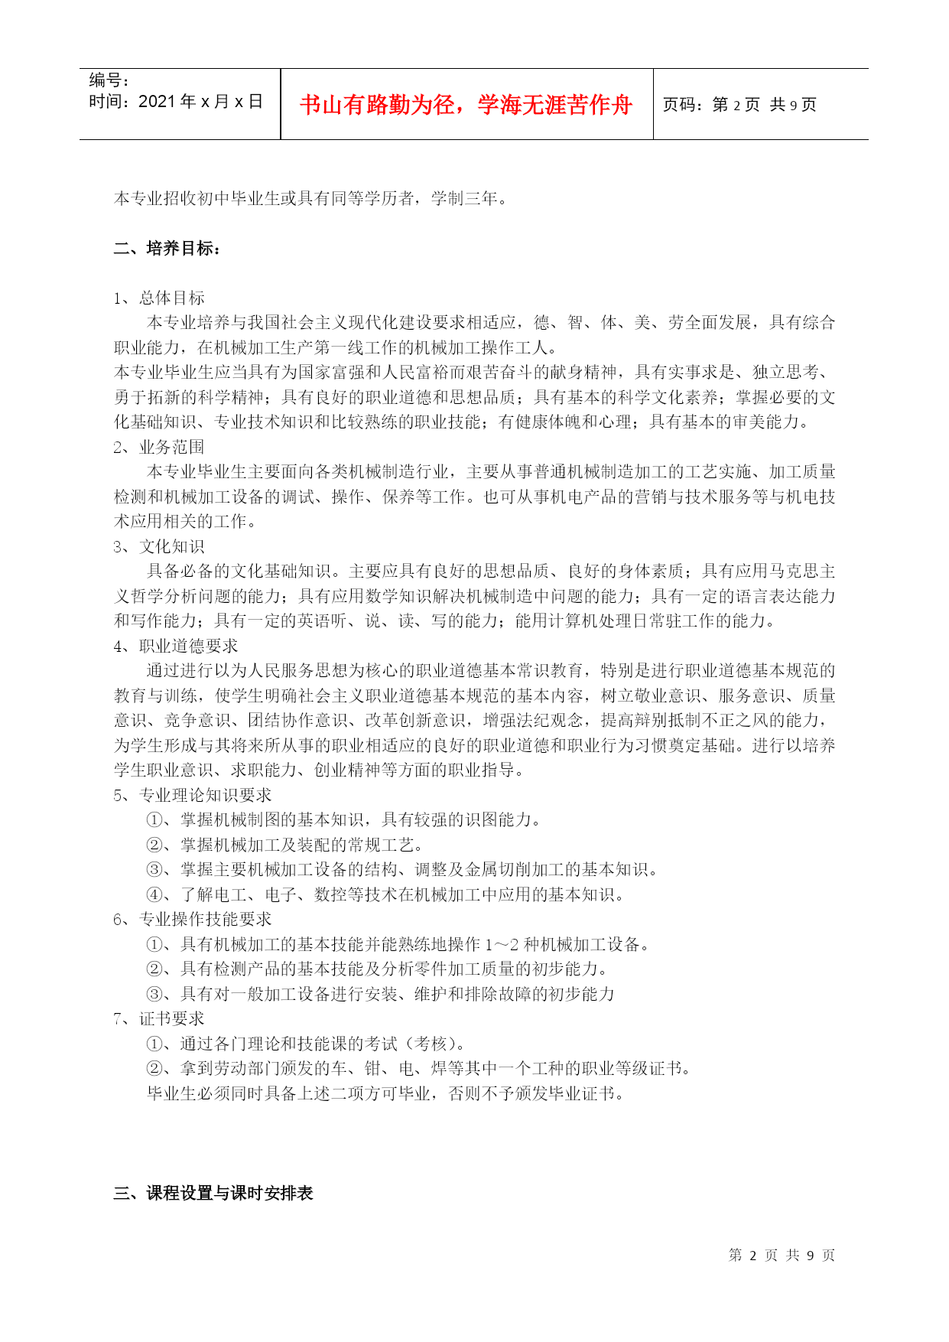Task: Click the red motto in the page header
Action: [466, 105]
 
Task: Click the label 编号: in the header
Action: [109, 80]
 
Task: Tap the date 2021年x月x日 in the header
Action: [200, 102]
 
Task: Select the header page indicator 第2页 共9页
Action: [764, 105]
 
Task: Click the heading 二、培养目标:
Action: [167, 248]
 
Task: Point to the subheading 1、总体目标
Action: [159, 298]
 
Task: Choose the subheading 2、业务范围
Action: [159, 447]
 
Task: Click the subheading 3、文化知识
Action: [159, 546]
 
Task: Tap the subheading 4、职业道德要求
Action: [176, 646]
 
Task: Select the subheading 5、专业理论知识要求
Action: [193, 795]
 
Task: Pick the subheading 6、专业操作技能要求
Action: [193, 919]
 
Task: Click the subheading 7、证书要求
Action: [159, 1018]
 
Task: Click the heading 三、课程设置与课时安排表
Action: [213, 1193]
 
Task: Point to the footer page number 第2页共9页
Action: [782, 1255]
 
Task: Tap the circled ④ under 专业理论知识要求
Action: [154, 894]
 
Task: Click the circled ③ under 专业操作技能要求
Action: [154, 994]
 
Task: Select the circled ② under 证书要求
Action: [154, 1068]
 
